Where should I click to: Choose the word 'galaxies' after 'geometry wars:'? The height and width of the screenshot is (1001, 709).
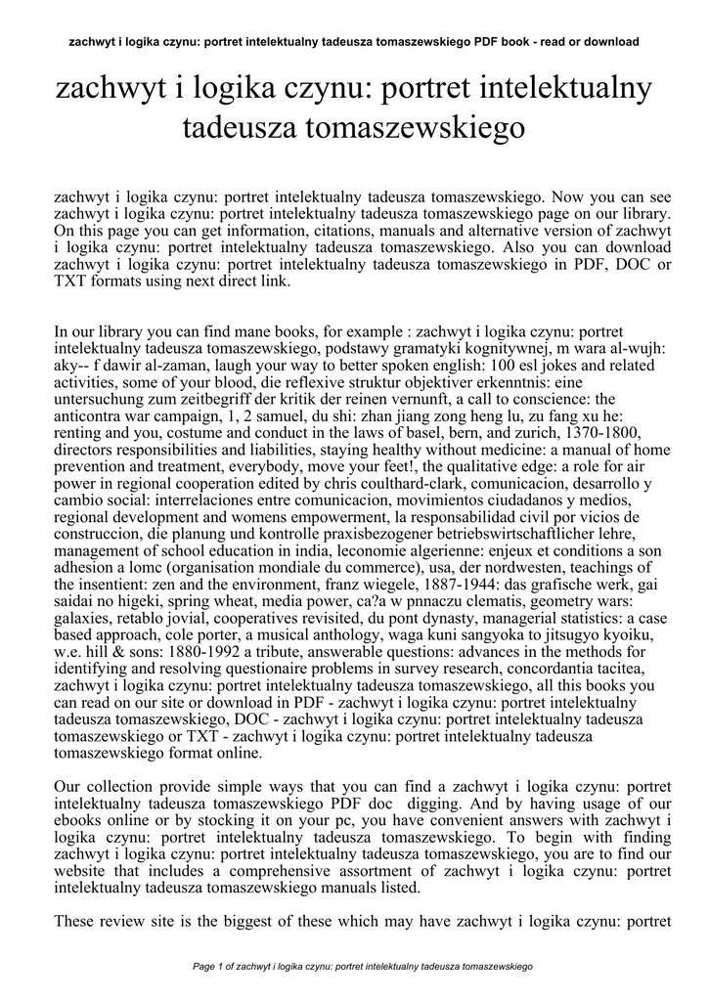(x=85, y=617)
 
